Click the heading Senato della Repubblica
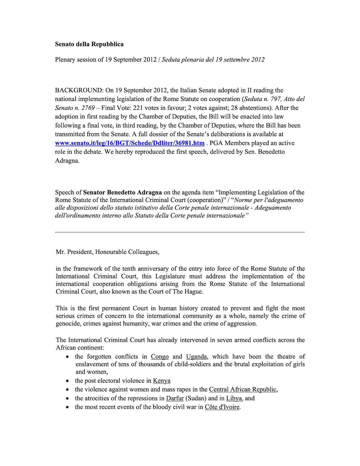pos(89,44)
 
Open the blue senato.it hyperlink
pos(130,143)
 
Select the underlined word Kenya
pos(161,381)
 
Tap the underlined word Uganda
pos(197,357)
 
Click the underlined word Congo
pos(160,357)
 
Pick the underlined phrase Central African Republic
pos(243,389)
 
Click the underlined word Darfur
pos(175,398)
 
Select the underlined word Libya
pos(234,398)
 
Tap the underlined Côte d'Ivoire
pos(222,407)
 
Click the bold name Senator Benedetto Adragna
pos(123,192)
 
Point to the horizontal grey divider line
pos(180,232)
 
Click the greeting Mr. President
pos(74,252)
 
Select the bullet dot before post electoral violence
pos(67,381)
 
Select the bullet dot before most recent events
pos(67,407)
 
